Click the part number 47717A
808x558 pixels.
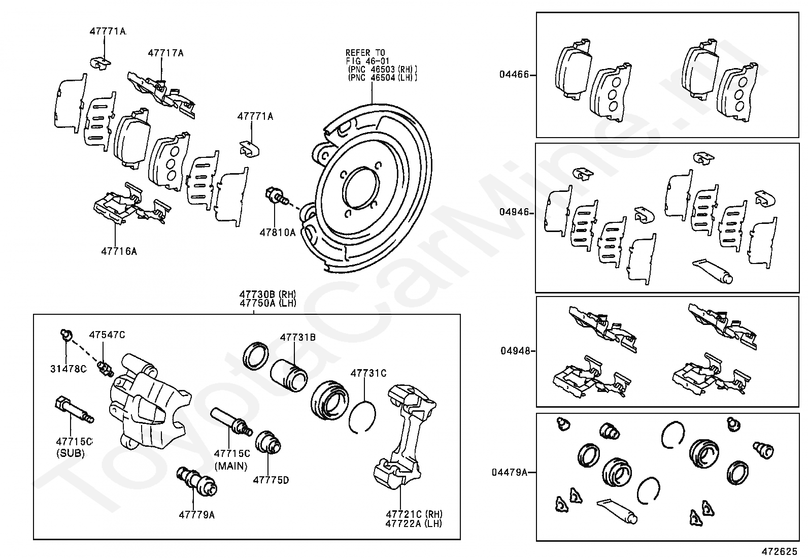coord(165,52)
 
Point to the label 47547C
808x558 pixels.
coord(107,335)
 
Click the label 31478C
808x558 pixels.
coord(68,369)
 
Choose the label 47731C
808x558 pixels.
coord(368,373)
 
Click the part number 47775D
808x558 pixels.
coord(271,480)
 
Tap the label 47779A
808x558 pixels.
coord(196,515)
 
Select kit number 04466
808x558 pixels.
coord(514,75)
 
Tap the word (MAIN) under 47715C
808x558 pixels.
coord(230,466)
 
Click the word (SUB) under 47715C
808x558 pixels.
coord(70,453)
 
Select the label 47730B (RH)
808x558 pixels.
coord(268,294)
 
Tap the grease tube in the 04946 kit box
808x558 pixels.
coord(714,271)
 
